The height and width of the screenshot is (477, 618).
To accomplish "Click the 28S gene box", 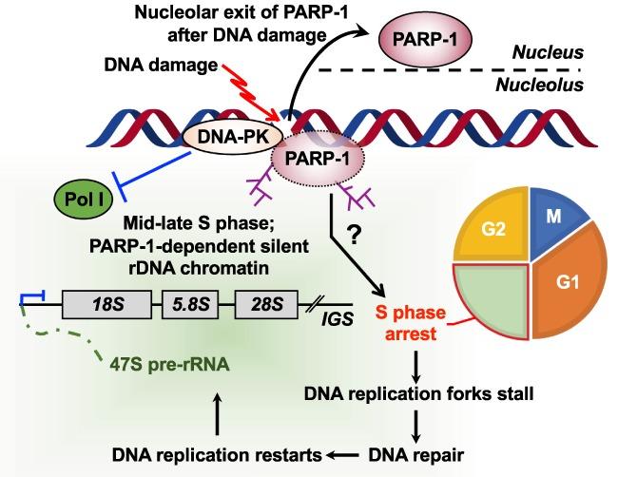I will pos(261,305).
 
